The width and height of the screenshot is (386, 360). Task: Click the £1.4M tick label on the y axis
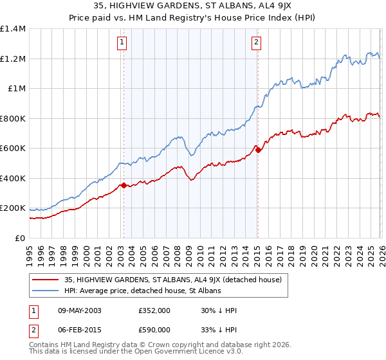pyautogui.click(x=13, y=29)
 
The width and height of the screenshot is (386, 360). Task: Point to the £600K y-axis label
pyautogui.click(x=13, y=148)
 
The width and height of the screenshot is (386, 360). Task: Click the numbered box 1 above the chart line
pyautogui.click(x=122, y=43)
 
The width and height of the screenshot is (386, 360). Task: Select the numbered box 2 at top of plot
pyautogui.click(x=256, y=43)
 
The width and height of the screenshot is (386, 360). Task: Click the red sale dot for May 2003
pyautogui.click(x=124, y=186)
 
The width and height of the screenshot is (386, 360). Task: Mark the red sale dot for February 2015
pyautogui.click(x=258, y=150)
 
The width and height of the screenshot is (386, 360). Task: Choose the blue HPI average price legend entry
pyautogui.click(x=142, y=291)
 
